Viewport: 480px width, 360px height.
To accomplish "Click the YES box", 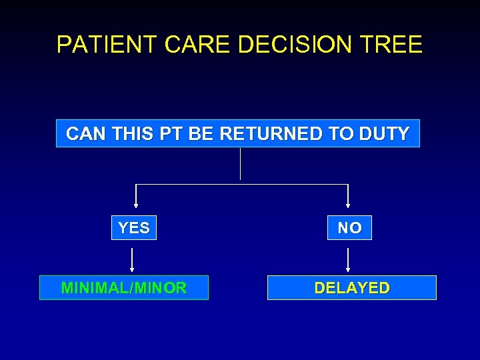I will coord(133,228).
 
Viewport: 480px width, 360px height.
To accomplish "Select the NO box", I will coord(349,228).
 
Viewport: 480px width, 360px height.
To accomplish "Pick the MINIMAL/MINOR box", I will coord(124,288).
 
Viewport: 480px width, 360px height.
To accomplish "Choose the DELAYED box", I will coord(352,288).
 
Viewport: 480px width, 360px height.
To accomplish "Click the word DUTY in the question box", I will coord(383,134).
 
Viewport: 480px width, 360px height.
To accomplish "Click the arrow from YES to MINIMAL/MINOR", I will coord(132,259).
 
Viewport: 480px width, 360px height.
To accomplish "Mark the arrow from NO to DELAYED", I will coord(348,259).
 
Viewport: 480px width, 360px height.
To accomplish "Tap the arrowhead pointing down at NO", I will coord(348,205).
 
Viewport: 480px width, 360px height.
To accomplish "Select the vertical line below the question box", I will coord(240,164).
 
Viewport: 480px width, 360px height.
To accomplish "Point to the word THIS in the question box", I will coord(132,134).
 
